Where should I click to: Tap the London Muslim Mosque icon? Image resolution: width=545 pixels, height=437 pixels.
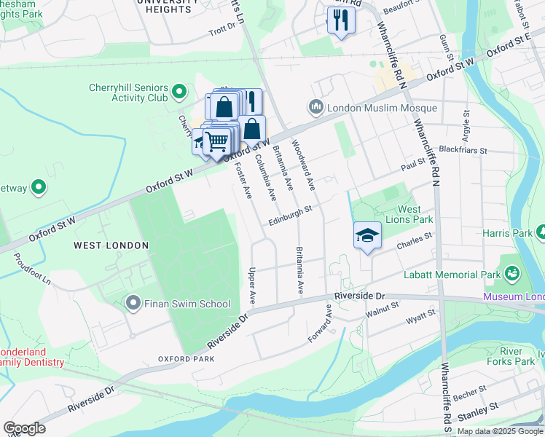[316, 108]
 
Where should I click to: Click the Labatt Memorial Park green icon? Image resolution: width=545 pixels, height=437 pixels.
[512, 273]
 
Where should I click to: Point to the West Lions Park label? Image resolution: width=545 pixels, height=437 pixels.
[416, 214]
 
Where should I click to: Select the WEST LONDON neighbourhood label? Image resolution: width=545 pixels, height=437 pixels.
[111, 245]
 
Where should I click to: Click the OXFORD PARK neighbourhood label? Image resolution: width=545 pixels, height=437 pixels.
[187, 359]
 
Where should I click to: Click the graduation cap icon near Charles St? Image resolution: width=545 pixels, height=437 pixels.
[368, 236]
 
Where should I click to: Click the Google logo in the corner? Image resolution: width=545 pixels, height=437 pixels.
[24, 428]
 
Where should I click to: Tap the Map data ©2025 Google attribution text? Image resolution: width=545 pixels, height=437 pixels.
[499, 431]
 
